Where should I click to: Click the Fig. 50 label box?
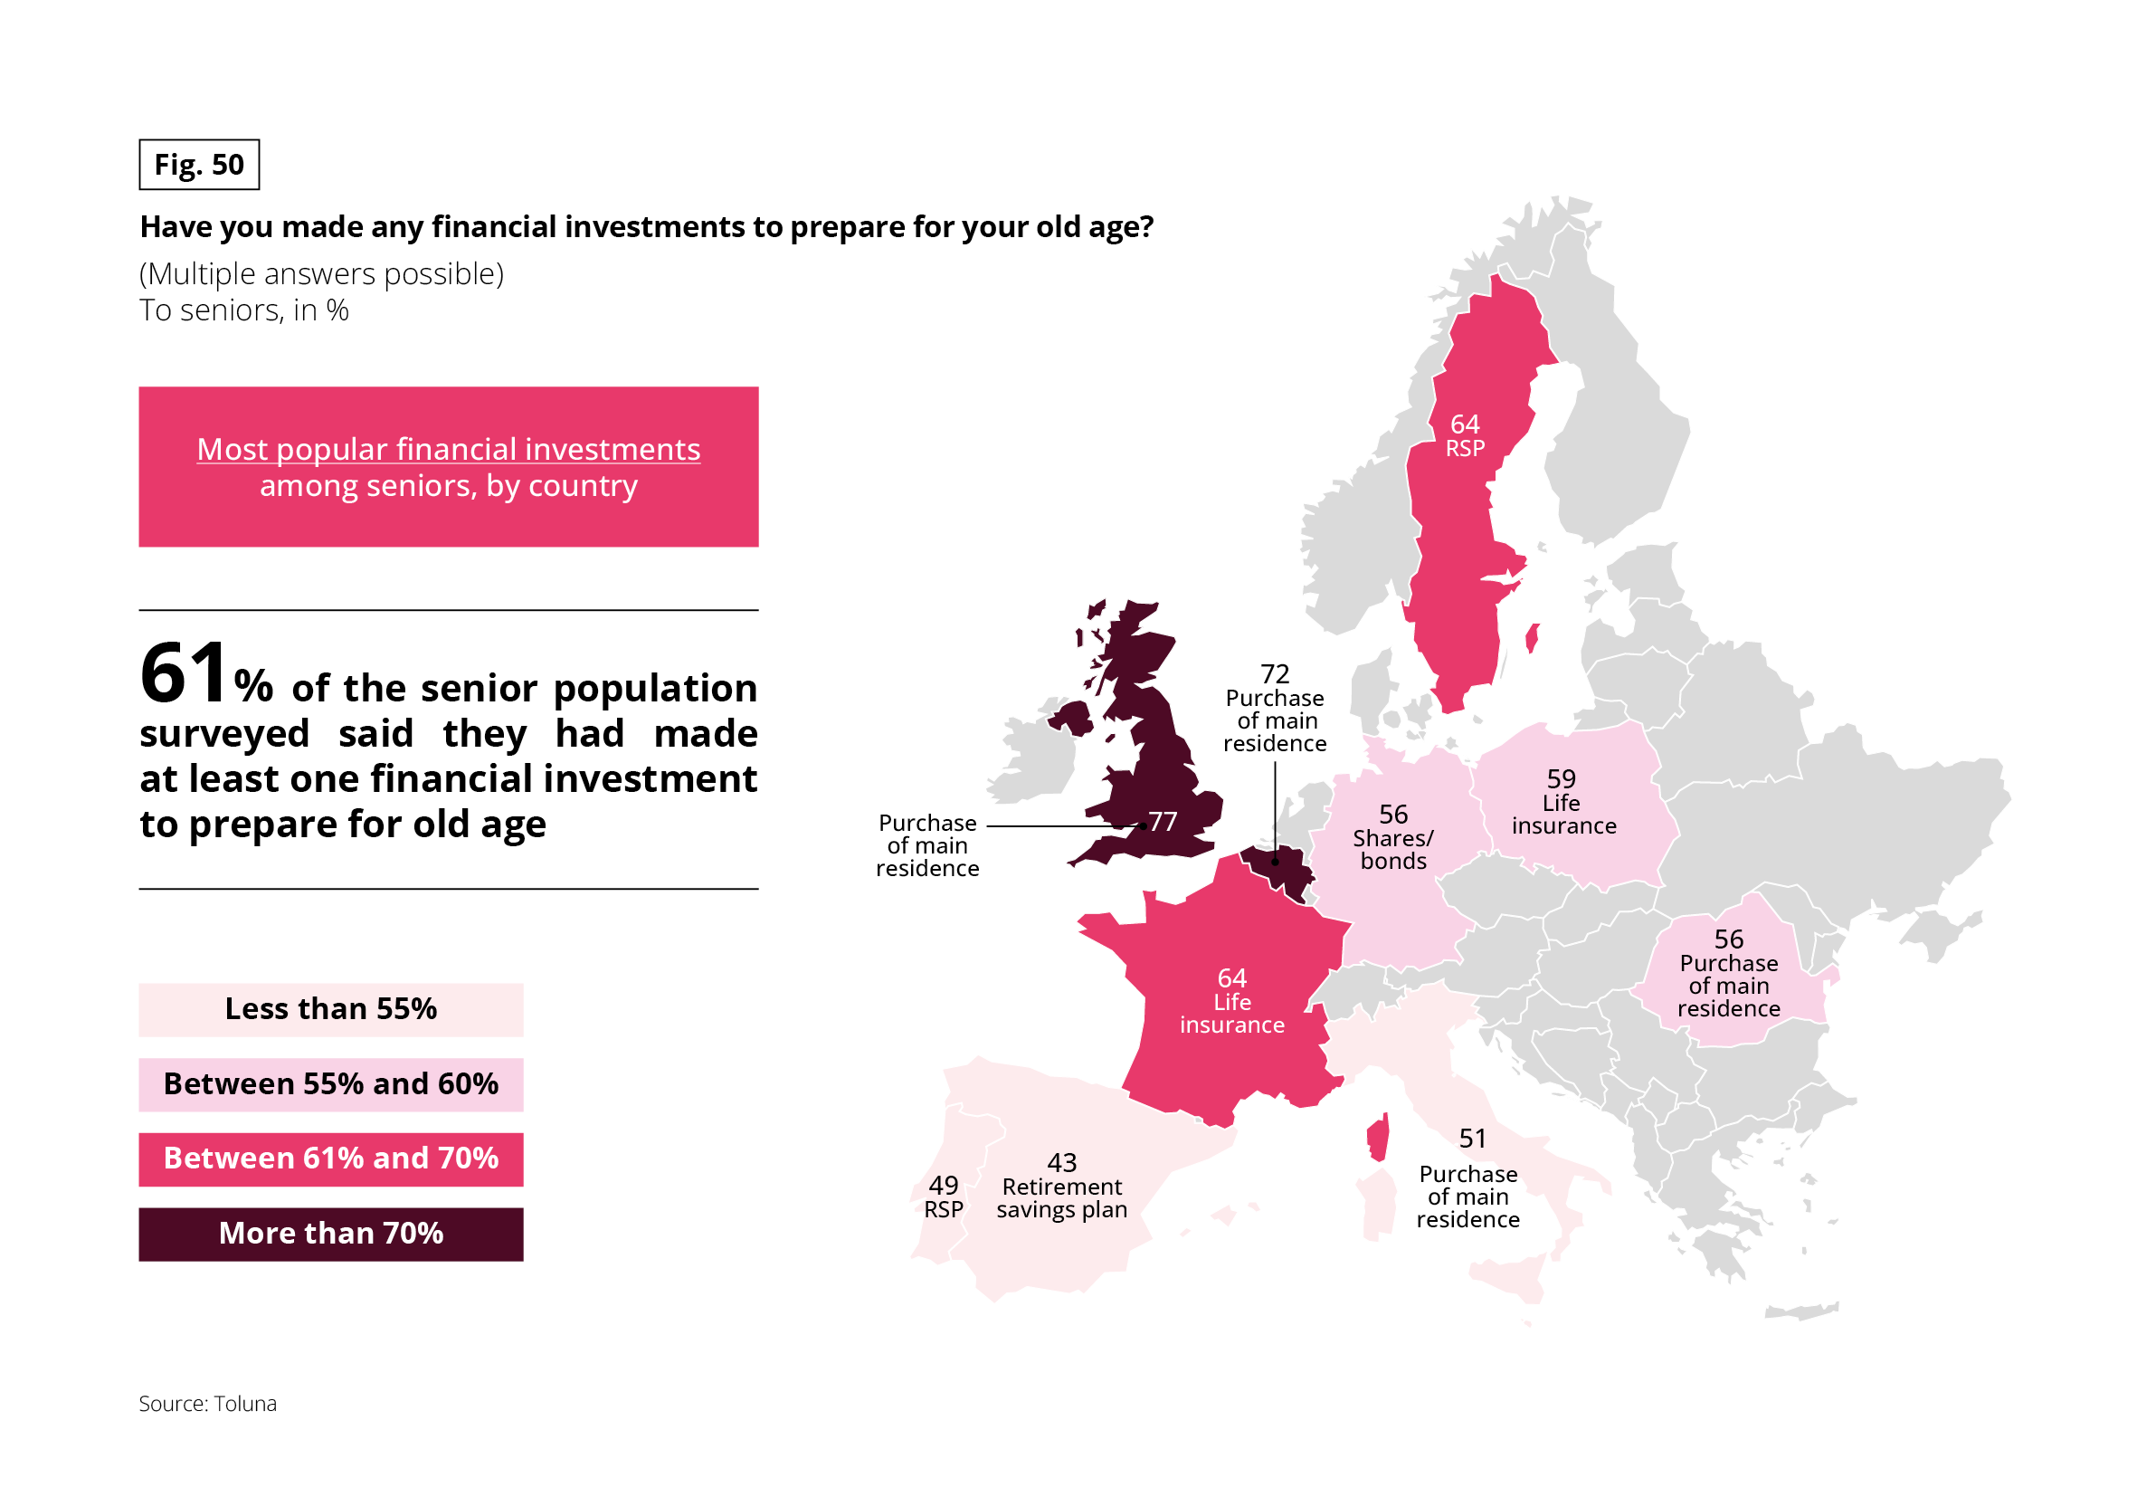pos(199,165)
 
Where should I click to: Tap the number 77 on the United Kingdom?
pos(1163,821)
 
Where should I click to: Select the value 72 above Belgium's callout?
pos(1274,673)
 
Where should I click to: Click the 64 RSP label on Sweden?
pos(1465,435)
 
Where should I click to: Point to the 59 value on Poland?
pos(1561,778)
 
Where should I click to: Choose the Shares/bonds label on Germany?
pos(1392,849)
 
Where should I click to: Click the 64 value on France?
pos(1231,977)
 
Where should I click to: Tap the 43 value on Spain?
pos(1062,1162)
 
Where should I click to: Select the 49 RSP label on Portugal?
pos(943,1197)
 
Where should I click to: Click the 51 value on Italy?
pos(1472,1138)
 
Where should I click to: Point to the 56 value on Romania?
pos(1728,939)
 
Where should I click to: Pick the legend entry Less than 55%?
pos(330,1009)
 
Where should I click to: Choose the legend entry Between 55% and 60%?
pos(330,1084)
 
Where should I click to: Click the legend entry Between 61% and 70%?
pos(330,1159)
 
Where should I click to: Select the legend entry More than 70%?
pos(330,1234)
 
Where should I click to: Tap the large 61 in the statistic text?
pos(184,673)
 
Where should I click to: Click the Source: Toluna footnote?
pos(207,1403)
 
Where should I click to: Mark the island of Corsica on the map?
pos(1378,1138)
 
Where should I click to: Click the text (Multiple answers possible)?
pos(321,273)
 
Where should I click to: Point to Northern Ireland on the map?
pos(1070,717)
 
